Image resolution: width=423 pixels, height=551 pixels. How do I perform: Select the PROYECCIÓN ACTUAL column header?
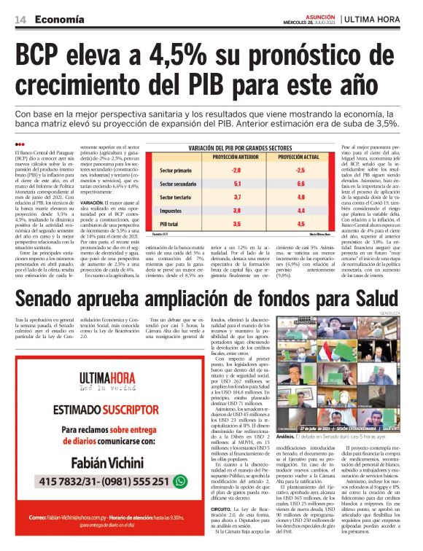(x=298, y=157)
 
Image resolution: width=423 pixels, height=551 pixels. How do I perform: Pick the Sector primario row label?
(x=176, y=171)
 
